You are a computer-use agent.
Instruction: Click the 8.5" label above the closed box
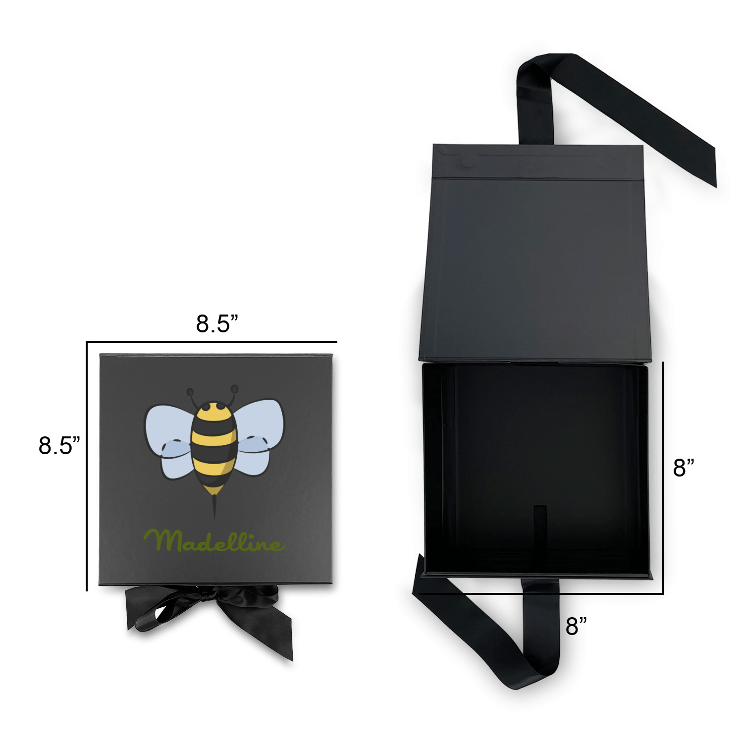click(x=217, y=324)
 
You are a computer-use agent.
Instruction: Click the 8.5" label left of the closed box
click(x=59, y=445)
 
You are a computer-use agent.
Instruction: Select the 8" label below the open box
click(x=576, y=626)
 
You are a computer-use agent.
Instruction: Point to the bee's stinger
click(x=214, y=505)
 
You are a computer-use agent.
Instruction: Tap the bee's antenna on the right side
click(x=232, y=394)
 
